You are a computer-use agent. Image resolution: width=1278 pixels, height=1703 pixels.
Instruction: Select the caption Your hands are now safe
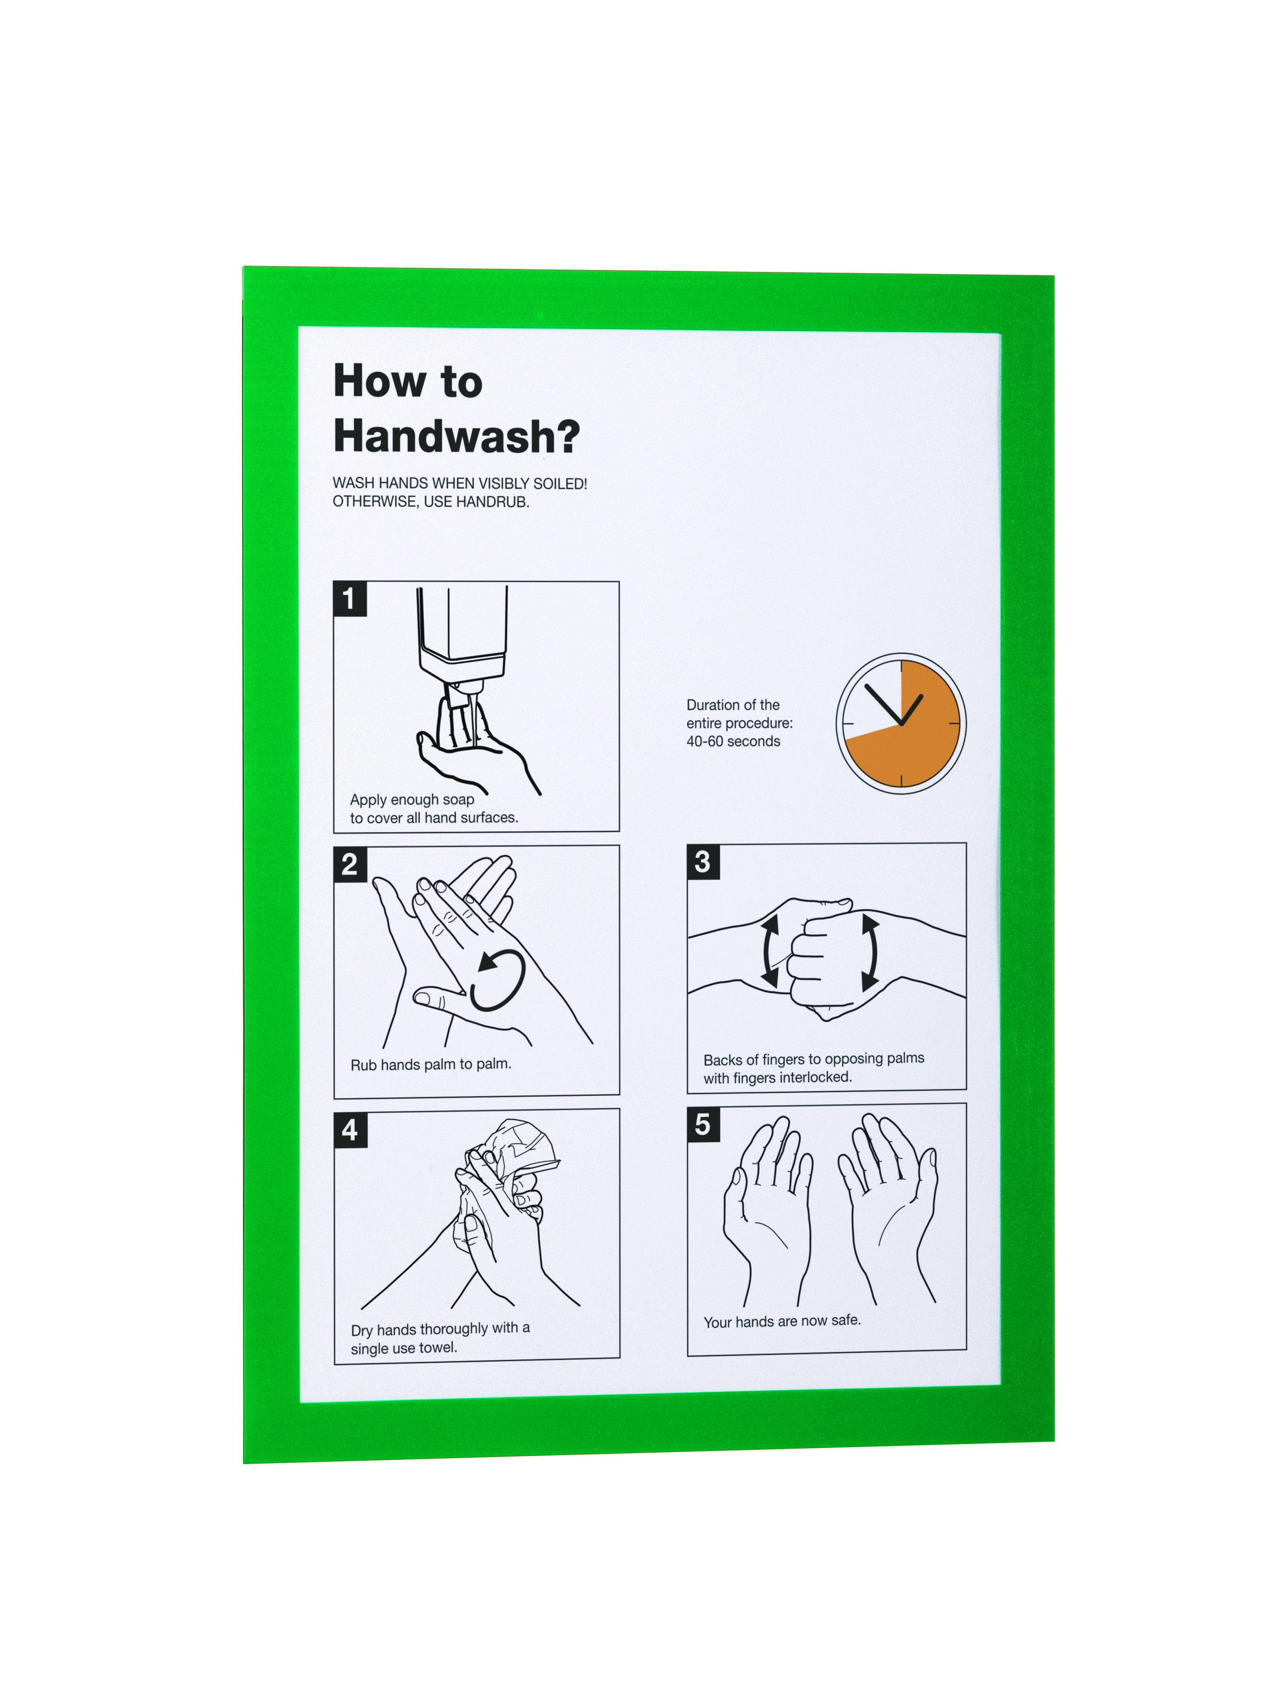(x=782, y=1321)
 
